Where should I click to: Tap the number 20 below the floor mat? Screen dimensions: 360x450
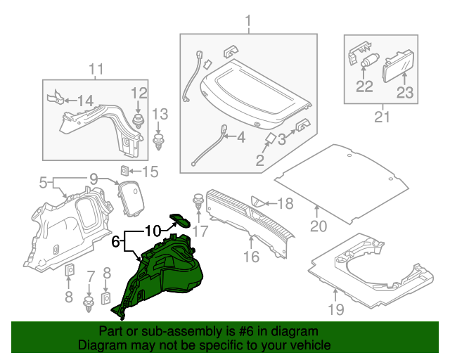(x=319, y=226)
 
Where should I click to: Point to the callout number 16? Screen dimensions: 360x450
(x=251, y=257)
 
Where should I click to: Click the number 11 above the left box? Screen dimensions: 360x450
(x=96, y=69)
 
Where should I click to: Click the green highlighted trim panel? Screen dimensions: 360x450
(x=162, y=271)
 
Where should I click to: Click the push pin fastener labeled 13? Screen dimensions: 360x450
(x=160, y=143)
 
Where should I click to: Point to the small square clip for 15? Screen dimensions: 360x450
(x=124, y=169)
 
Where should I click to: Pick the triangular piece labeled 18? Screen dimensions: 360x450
(x=258, y=202)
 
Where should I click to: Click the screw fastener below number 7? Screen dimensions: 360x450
(x=89, y=304)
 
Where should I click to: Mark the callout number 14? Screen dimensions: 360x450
(x=84, y=101)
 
